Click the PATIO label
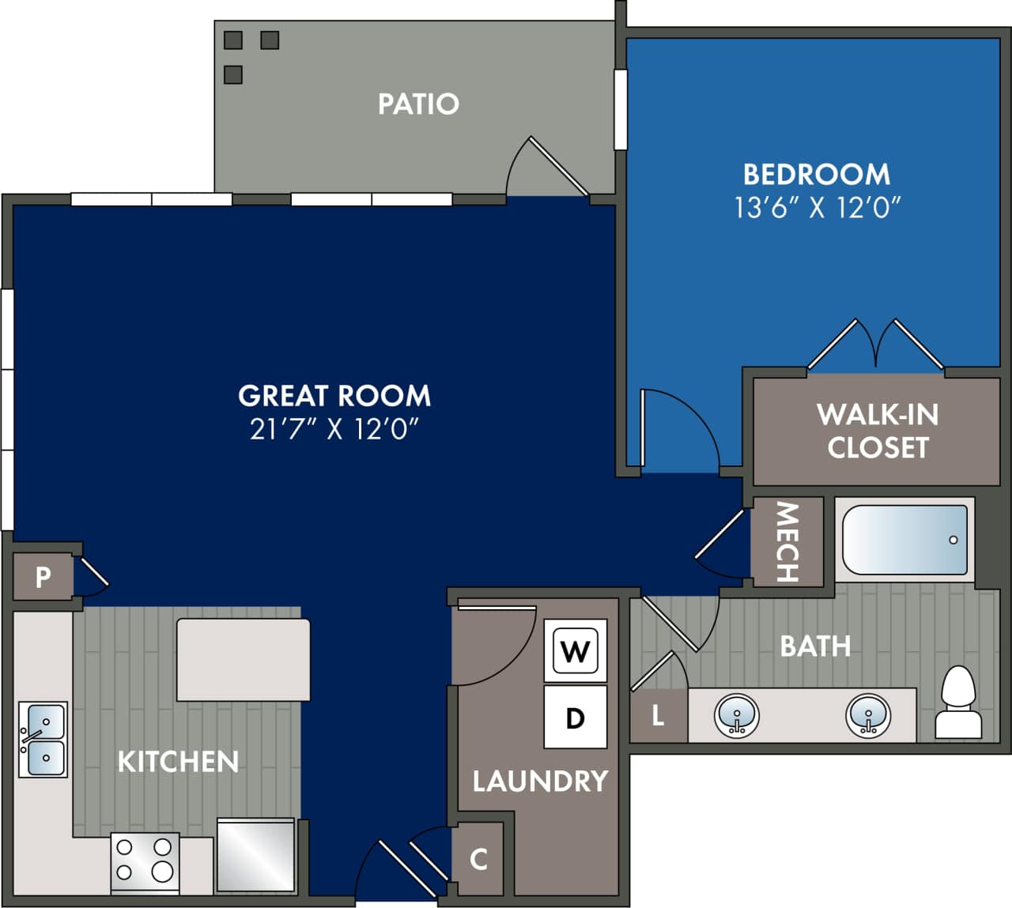tap(418, 104)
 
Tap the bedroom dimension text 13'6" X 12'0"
tap(818, 208)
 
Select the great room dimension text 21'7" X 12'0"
tap(334, 429)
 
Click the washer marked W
tap(575, 650)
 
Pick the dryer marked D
tap(575, 718)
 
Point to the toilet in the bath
tap(958, 703)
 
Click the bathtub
tap(904, 540)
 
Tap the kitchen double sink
tap(43, 739)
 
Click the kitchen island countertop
tap(244, 660)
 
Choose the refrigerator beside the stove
tap(255, 856)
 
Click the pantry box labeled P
tap(43, 578)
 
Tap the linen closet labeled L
tap(658, 716)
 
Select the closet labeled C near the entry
tap(478, 859)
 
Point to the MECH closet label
tap(787, 542)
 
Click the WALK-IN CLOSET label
tap(878, 431)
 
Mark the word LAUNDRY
tap(540, 782)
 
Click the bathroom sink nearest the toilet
tap(868, 716)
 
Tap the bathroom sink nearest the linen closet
tap(737, 716)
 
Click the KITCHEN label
tap(178, 762)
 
